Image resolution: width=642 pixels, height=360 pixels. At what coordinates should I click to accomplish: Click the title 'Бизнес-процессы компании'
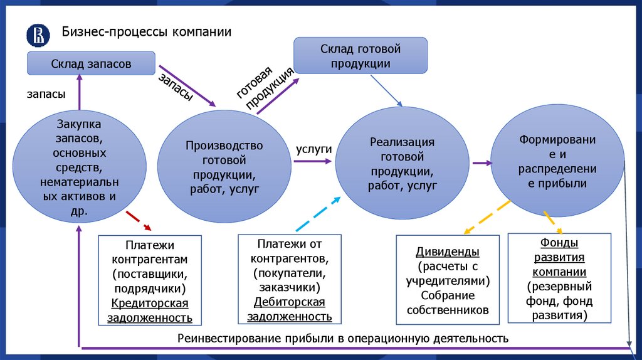(x=146, y=32)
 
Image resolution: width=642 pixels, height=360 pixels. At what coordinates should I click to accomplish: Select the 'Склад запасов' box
(x=92, y=63)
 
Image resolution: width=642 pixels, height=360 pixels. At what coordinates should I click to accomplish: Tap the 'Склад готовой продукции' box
(x=360, y=56)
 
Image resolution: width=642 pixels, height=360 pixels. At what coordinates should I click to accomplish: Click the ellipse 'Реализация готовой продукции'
(x=402, y=164)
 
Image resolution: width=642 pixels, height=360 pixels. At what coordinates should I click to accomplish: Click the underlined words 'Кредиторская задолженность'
(x=150, y=310)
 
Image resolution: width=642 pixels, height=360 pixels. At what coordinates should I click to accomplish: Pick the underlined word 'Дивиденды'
(x=448, y=251)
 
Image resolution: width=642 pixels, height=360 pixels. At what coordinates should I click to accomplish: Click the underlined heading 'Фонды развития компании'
(x=559, y=257)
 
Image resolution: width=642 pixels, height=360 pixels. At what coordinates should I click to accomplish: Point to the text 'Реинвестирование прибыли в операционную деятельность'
(x=342, y=339)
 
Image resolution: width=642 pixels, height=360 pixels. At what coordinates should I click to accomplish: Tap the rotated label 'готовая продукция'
(x=265, y=87)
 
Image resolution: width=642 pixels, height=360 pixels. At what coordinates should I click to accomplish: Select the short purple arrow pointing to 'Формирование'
(x=481, y=163)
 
